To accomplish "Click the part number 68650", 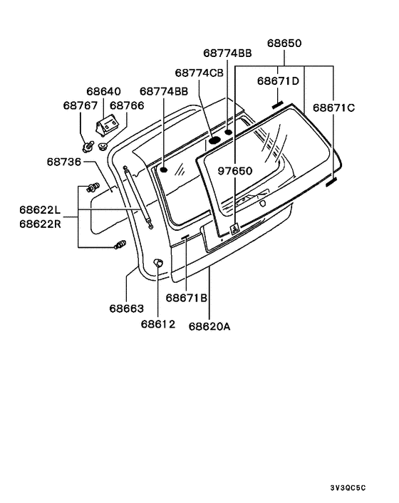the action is coord(284,43).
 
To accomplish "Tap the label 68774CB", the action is coord(199,73).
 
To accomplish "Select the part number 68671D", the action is coord(278,81).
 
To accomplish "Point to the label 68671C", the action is coord(334,108).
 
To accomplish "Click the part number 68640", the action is coord(103,91).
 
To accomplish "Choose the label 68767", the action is coord(81,105).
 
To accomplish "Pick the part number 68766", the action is coord(127,105).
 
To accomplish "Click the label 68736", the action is coord(64,162).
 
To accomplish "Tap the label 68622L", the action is coord(40,209).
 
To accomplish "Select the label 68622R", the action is coord(40,224).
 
